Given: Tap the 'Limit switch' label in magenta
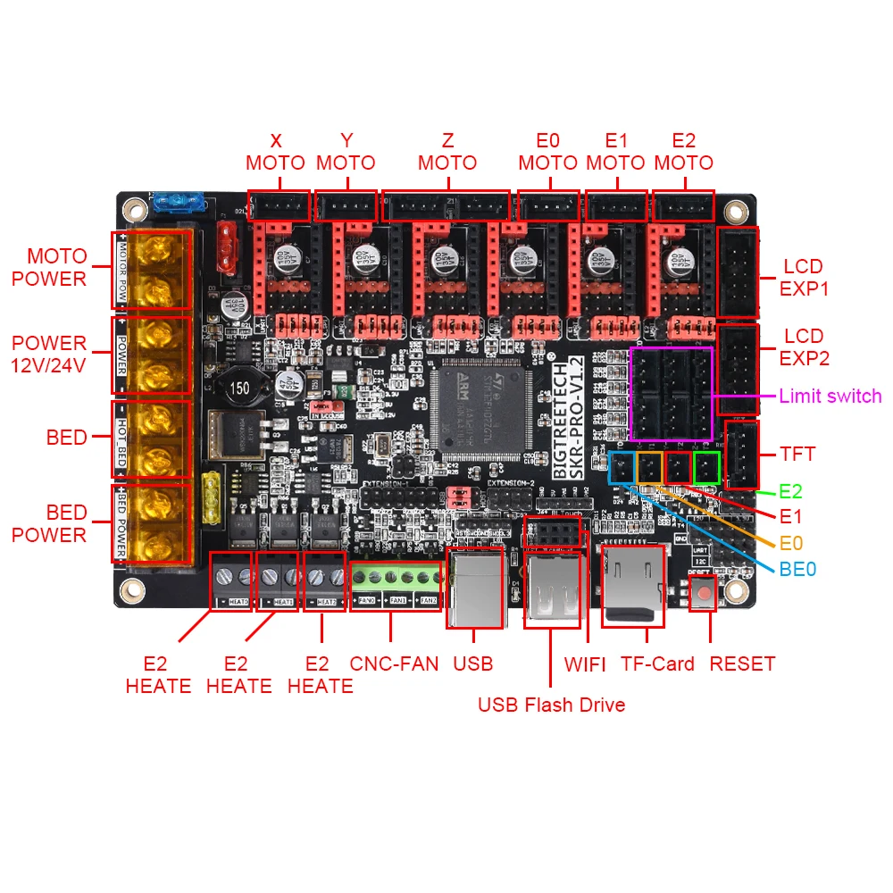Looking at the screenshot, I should coord(830,396).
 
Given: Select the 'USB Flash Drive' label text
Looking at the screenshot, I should coord(551,705).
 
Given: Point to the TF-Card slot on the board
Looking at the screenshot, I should coord(635,586).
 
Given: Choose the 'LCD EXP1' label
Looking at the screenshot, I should coord(803,278).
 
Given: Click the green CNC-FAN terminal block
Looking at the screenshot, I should coord(395,585).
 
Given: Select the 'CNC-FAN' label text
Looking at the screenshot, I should coord(394,664).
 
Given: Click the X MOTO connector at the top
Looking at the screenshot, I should coord(278,207).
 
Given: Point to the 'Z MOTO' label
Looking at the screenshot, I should coord(447,152).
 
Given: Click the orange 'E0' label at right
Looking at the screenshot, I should coord(791,541).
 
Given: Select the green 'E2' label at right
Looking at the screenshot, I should coord(790,491).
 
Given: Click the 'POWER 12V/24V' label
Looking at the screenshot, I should coord(49,355).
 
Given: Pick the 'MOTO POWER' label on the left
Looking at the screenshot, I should coord(49,267).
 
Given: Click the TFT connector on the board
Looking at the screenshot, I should coord(741,454).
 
